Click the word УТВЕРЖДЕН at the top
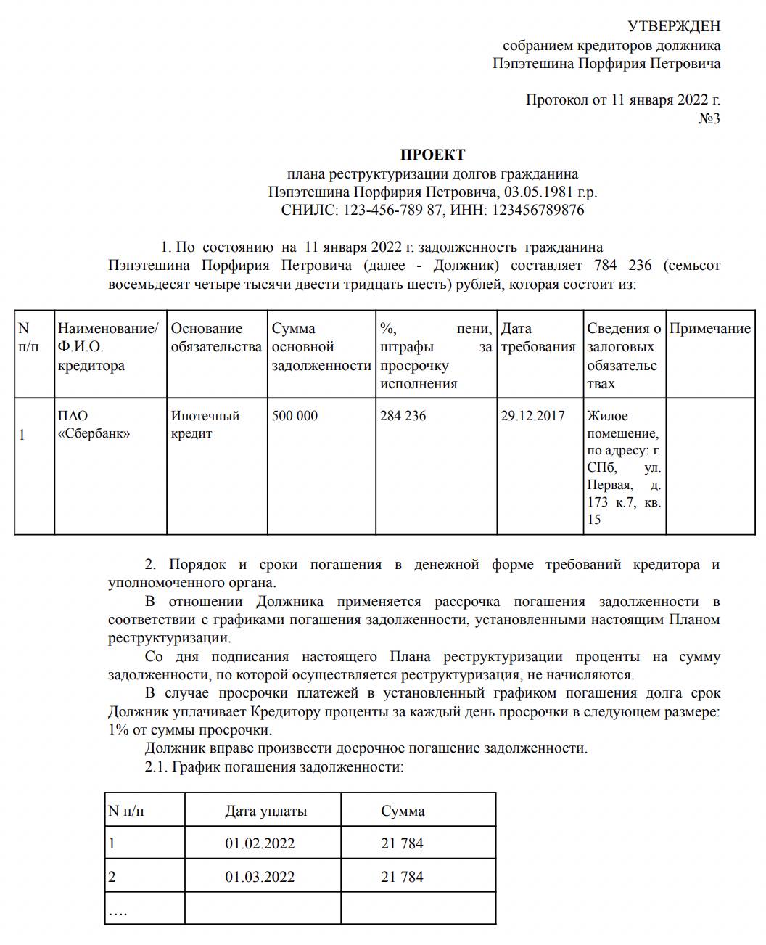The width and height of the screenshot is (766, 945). (x=674, y=27)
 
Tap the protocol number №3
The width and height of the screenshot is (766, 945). (x=709, y=118)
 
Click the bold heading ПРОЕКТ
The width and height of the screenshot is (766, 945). (x=433, y=155)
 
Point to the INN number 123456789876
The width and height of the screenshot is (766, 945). (x=538, y=210)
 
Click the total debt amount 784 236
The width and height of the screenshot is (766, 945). (x=622, y=266)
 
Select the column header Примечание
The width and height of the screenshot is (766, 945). (x=709, y=329)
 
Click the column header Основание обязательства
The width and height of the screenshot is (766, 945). (x=216, y=338)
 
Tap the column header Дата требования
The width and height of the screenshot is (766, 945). (x=538, y=338)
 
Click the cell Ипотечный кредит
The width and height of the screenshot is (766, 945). (x=205, y=425)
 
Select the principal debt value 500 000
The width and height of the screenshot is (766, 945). (x=295, y=417)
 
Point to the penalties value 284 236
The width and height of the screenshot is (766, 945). (x=403, y=417)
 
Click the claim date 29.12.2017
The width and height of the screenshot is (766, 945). (x=532, y=417)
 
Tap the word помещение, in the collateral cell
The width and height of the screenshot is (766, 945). (x=622, y=434)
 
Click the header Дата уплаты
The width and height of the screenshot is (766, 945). (x=265, y=811)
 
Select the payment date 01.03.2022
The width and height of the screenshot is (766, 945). (x=260, y=877)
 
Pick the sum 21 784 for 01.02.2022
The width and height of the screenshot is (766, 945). (x=402, y=844)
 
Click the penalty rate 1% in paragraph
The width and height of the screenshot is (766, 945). (x=118, y=730)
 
